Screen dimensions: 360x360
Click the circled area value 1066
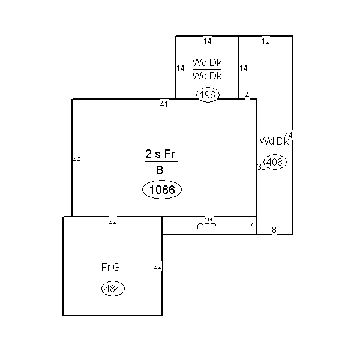[161, 190]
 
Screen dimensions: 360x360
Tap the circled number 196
[208, 95]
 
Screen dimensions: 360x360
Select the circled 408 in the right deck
[275, 162]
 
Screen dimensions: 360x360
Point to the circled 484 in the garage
[113, 289]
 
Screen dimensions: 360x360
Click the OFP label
[206, 227]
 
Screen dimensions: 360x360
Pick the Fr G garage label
[110, 267]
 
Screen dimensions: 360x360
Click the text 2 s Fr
[161, 154]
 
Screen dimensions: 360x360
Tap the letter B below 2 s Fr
[160, 170]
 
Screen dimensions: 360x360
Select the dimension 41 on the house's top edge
[164, 104]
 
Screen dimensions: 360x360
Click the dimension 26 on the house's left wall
[76, 158]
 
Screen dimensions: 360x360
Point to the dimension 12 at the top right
[266, 41]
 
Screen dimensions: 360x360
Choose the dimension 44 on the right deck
[289, 135]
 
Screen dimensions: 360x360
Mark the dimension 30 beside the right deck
[261, 167]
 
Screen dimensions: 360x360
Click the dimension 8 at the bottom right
[274, 230]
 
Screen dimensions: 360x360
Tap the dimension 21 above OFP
[209, 220]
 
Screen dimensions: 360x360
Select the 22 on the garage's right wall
[157, 266]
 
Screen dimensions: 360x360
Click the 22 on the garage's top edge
[112, 221]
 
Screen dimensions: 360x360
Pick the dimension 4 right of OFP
[252, 226]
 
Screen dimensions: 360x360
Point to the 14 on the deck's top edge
[207, 41]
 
